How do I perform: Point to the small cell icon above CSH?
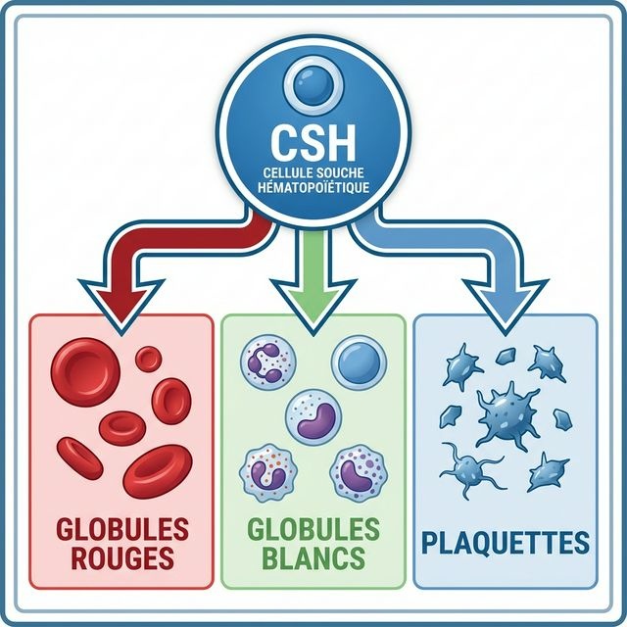312,88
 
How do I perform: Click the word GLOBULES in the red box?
121,530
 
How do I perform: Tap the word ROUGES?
121,559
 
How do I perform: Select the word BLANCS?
313,559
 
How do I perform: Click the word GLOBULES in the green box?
313,530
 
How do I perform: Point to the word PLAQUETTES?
506,543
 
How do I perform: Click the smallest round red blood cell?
149,359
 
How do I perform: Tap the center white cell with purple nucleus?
313,415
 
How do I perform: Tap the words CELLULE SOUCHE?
312,171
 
